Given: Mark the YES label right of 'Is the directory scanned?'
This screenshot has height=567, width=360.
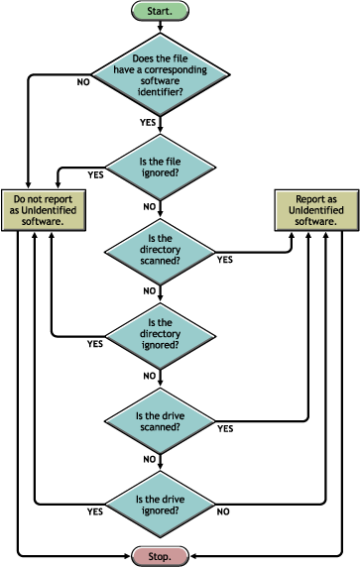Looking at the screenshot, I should point(225,260).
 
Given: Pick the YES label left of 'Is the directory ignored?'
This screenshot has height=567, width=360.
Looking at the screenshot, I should point(95,345).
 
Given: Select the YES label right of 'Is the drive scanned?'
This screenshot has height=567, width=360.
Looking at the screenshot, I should point(225,429).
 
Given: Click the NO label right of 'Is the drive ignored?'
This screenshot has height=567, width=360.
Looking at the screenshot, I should point(224,512).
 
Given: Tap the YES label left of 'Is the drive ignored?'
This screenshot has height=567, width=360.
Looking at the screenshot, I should point(95,512).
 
